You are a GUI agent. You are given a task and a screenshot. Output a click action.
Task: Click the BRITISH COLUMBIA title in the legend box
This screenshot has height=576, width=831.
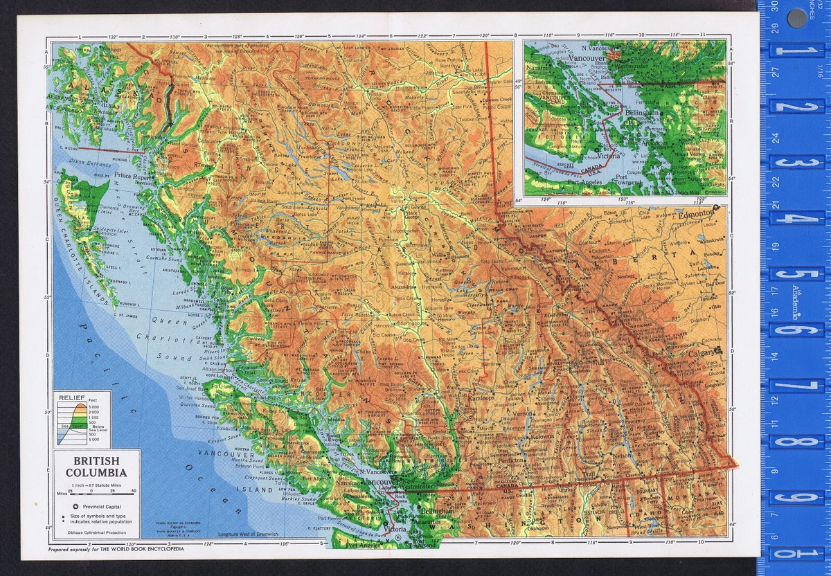click(x=96, y=466)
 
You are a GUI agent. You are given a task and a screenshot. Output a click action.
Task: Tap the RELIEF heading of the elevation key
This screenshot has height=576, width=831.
click(x=71, y=398)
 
